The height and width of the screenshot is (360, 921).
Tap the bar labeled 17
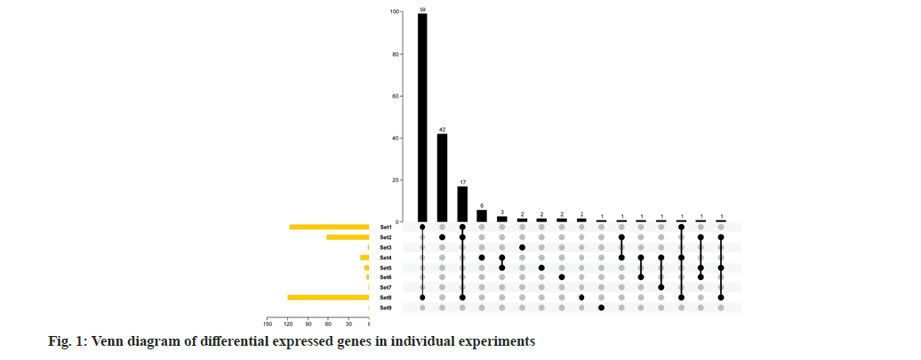click(462, 204)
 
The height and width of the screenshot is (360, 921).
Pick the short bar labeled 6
click(482, 216)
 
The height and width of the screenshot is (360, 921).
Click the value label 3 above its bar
click(501, 212)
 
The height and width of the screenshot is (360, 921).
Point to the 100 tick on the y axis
click(394, 12)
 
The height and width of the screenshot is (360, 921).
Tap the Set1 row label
click(385, 228)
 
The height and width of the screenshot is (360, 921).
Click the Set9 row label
click(385, 308)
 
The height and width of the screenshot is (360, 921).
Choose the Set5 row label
click(385, 268)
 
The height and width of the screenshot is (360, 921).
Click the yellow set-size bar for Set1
click(329, 228)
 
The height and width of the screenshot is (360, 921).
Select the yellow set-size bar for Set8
click(328, 297)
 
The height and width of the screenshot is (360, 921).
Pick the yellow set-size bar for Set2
click(348, 237)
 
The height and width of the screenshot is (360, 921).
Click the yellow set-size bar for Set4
click(364, 258)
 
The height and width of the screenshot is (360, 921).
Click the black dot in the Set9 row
click(602, 308)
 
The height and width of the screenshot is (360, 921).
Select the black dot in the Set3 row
click(522, 247)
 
